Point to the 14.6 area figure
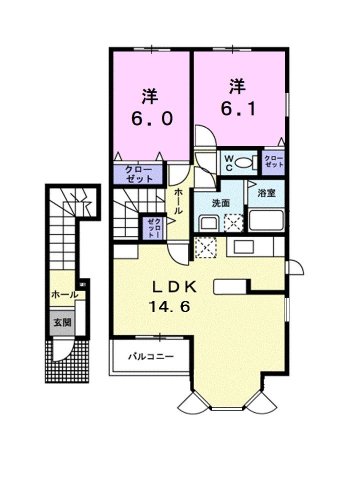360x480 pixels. click(176, 310)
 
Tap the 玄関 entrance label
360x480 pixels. click(62, 323)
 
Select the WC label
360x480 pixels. click(230, 160)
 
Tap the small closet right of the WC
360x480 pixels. click(274, 161)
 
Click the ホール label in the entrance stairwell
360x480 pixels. click(61, 295)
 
